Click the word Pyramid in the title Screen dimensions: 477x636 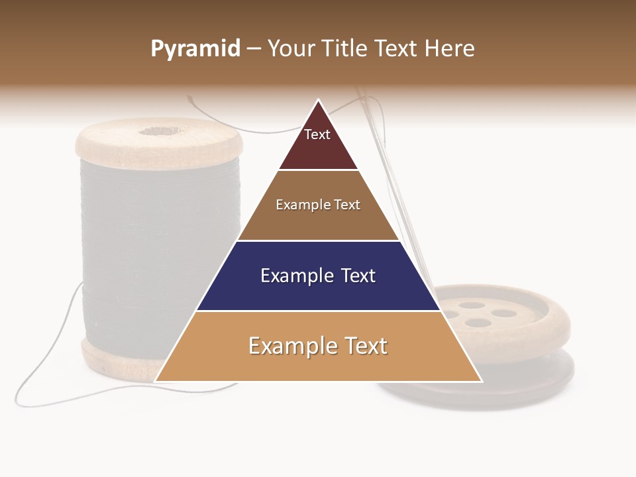coord(195,49)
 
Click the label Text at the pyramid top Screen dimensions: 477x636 coord(317,134)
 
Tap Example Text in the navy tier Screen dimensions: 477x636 coord(318,276)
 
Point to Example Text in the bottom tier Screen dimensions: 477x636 coord(318,346)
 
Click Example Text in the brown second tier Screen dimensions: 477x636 coord(318,205)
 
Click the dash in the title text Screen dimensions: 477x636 coord(254,49)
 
